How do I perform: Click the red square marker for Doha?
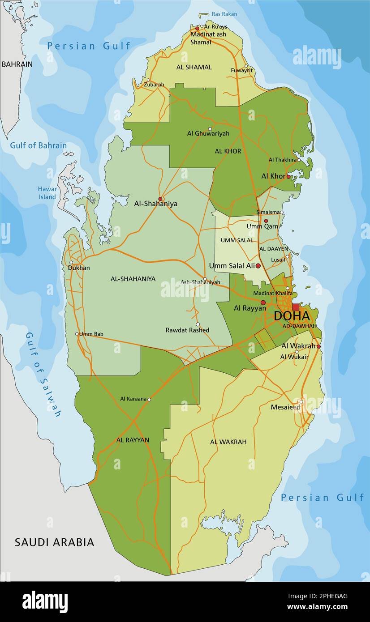click(x=296, y=307)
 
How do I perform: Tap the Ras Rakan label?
click(x=225, y=14)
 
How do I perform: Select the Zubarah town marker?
click(x=148, y=80)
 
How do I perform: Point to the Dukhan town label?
click(x=79, y=268)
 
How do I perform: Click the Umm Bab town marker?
click(x=77, y=333)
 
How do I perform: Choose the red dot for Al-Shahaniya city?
click(x=160, y=199)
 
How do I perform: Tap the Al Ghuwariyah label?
click(x=208, y=133)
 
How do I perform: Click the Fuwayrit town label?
click(x=241, y=70)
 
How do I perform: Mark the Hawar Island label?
click(x=47, y=193)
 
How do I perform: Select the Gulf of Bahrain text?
click(x=39, y=145)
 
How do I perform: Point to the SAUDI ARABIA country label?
click(x=54, y=542)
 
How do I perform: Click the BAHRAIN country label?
click(x=17, y=64)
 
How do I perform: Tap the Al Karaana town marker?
click(x=149, y=400)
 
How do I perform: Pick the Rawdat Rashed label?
click(x=187, y=330)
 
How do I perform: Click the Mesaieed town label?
click(x=285, y=407)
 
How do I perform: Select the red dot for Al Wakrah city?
click(x=318, y=346)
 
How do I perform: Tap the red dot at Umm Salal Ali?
click(x=258, y=266)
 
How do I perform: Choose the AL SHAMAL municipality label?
click(x=194, y=67)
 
